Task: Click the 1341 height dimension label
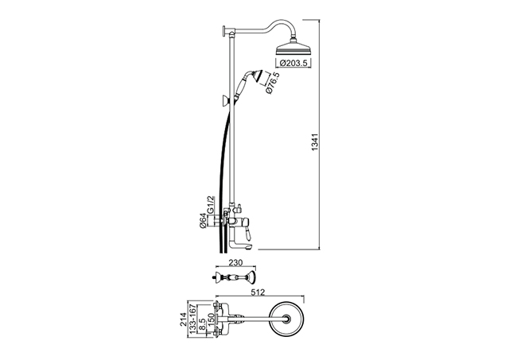click(x=316, y=142)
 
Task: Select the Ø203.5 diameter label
click(x=293, y=63)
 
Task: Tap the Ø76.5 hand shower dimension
click(x=272, y=83)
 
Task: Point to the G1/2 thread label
click(x=210, y=204)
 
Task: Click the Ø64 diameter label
click(x=203, y=221)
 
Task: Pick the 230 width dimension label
click(x=235, y=262)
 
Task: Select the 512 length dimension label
click(x=258, y=292)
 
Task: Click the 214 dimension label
click(x=184, y=319)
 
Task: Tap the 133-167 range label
click(x=192, y=319)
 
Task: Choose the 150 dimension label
click(x=210, y=320)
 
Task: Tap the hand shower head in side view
click(x=255, y=78)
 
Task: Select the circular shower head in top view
click(x=286, y=319)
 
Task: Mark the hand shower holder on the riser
click(x=225, y=102)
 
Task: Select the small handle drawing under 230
click(x=233, y=277)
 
